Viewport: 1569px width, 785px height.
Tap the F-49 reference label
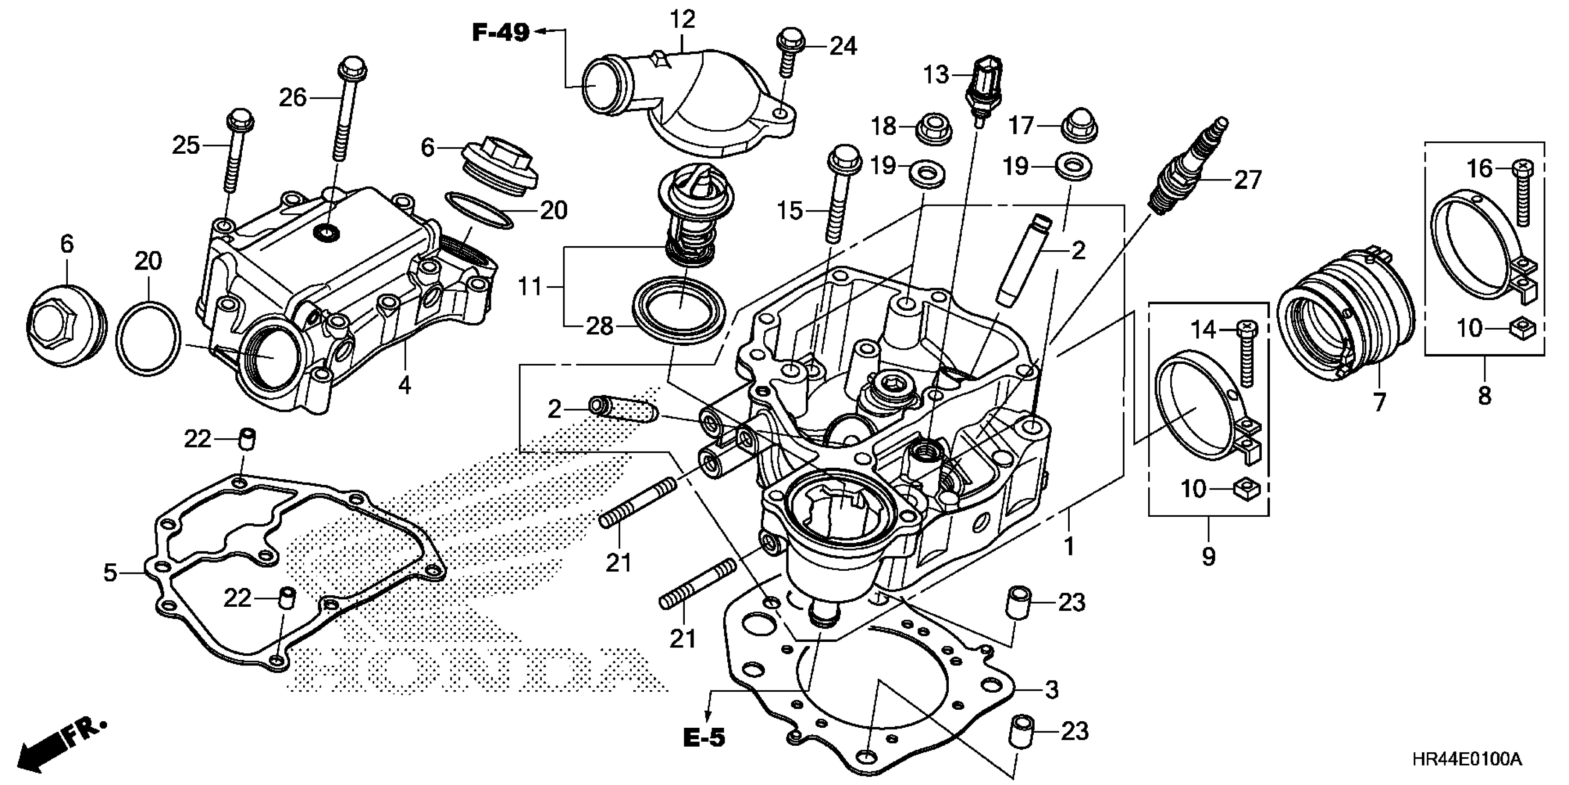pyautogui.click(x=501, y=32)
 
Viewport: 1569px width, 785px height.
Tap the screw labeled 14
pyautogui.click(x=1247, y=354)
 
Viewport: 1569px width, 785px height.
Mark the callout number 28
pyautogui.click(x=599, y=326)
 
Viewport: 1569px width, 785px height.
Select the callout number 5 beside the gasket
pyautogui.click(x=110, y=573)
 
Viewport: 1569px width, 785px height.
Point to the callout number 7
pyautogui.click(x=1379, y=402)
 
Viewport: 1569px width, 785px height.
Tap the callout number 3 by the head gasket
pyautogui.click(x=1052, y=690)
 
